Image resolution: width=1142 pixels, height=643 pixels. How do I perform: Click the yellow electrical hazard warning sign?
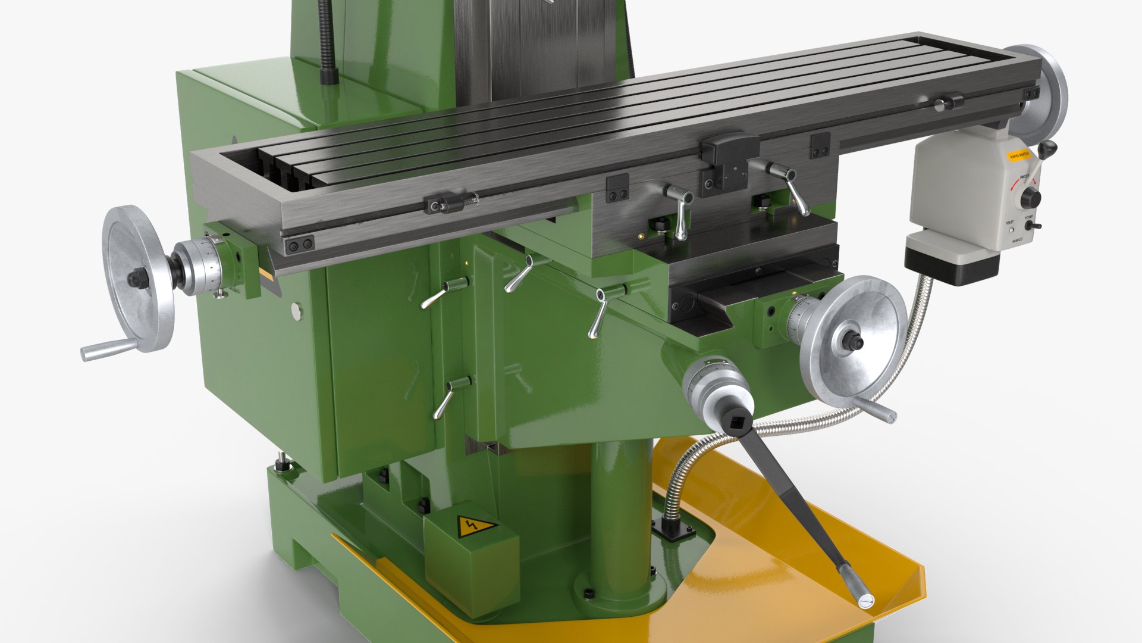(476, 526)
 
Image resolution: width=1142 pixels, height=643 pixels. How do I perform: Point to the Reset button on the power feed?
(1011, 229)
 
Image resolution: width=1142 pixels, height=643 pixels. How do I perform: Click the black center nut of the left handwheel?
(138, 277)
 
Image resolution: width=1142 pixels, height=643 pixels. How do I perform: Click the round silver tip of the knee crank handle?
(865, 601)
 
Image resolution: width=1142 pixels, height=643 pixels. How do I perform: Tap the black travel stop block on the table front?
(729, 152)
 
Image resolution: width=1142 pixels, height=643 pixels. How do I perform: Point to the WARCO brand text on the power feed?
(1018, 241)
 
